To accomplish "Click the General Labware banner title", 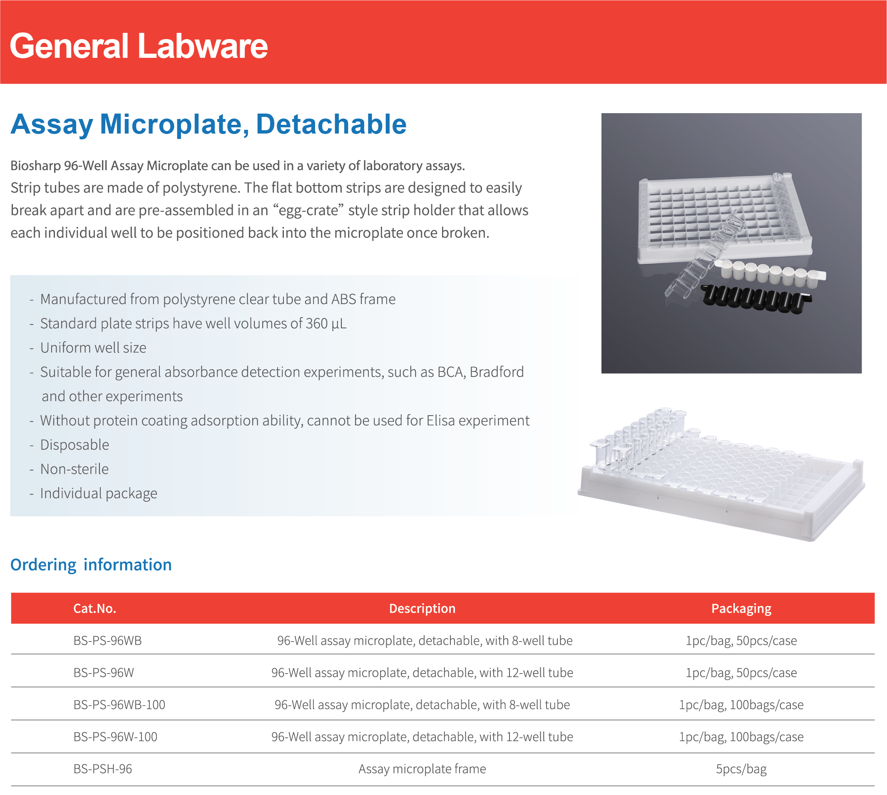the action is [139, 46].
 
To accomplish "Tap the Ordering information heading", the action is [91, 565].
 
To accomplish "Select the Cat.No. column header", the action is [95, 609].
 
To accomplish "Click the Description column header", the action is [422, 609].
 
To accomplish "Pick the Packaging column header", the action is [741, 609].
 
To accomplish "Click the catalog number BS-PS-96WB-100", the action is [119, 705].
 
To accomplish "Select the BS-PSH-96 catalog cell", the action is [103, 769].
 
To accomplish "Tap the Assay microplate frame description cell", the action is [422, 769].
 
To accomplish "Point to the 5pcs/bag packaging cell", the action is [741, 769].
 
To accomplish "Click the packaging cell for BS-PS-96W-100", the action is [741, 737].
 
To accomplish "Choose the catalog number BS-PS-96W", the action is [104, 673].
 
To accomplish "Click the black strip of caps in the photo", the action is [756, 299].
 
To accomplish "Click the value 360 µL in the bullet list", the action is [326, 324].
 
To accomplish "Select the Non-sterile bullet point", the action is [74, 469].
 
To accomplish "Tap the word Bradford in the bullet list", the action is [497, 372].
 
